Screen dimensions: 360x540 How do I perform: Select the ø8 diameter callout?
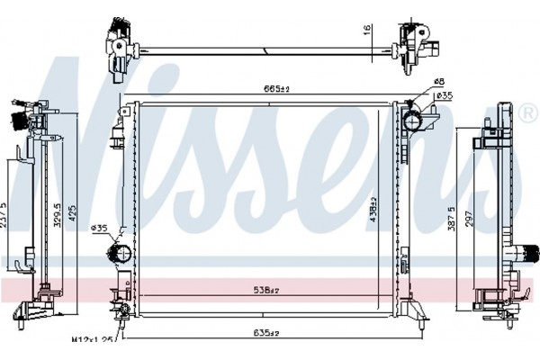pyautogui.click(x=438, y=82)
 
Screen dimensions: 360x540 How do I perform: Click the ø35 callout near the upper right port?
pyautogui.click(x=443, y=95)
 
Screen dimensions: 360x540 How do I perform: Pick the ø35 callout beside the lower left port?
pyautogui.click(x=100, y=228)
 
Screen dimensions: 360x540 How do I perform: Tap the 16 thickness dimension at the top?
pyautogui.click(x=368, y=29)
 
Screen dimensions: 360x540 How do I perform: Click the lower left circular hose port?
pyautogui.click(x=116, y=252)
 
